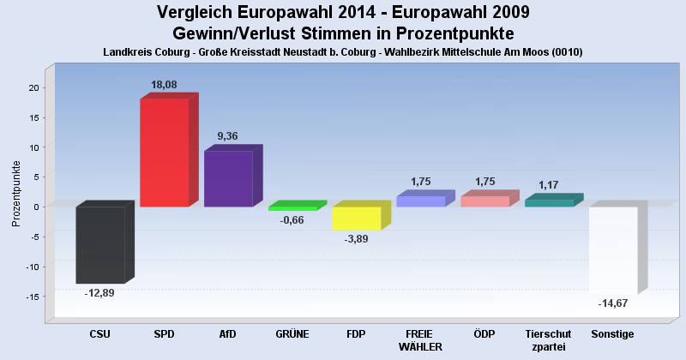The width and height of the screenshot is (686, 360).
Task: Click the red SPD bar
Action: click(164, 153)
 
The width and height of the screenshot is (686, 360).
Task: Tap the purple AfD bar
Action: click(228, 178)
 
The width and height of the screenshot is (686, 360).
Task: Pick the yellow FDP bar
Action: click(356, 218)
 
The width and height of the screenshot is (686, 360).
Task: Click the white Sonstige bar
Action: click(612, 249)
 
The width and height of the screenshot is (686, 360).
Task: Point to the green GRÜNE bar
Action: click(292, 208)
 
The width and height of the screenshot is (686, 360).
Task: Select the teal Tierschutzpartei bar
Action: click(548, 202)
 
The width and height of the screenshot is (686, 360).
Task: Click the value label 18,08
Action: click(164, 85)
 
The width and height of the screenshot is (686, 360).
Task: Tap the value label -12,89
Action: click(99, 292)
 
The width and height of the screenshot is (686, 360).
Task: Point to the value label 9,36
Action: click(228, 135)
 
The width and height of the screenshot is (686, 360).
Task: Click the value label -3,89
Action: click(356, 239)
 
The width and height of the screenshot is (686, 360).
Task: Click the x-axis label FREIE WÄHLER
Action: click(420, 340)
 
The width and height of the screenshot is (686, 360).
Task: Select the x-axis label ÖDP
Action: click(484, 333)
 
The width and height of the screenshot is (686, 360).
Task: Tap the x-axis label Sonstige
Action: click(612, 333)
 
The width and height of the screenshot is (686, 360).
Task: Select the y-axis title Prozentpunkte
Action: click(16, 193)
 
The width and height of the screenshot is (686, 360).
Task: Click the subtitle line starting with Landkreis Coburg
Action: click(343, 52)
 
